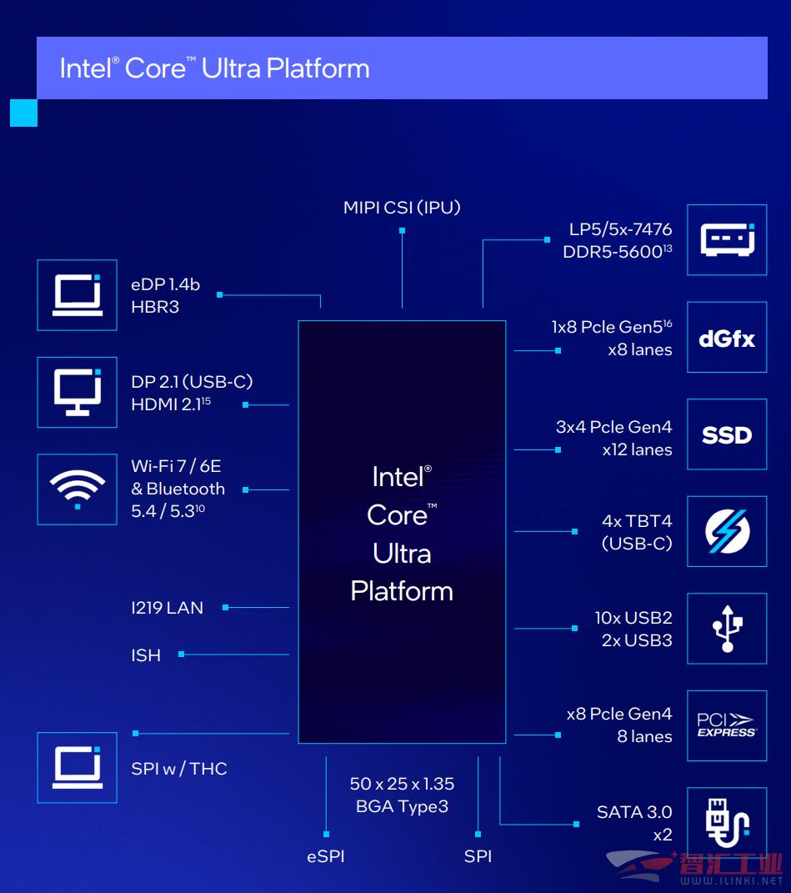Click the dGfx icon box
[727, 337]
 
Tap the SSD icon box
[727, 434]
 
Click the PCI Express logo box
[727, 725]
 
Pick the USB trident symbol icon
[727, 628]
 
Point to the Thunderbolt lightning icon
[727, 531]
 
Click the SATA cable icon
[727, 823]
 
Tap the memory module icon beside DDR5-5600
[727, 240]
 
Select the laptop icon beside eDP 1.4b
[78, 295]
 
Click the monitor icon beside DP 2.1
[78, 392]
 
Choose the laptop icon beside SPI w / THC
[78, 768]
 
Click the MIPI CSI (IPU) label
[402, 208]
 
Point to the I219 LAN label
[167, 608]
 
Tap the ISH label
[146, 655]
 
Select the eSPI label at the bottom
[326, 856]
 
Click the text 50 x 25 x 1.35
[402, 784]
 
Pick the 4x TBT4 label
[637, 521]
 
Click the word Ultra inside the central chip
[402, 554]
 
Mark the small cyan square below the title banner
[23, 113]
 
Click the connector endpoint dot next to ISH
[181, 655]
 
